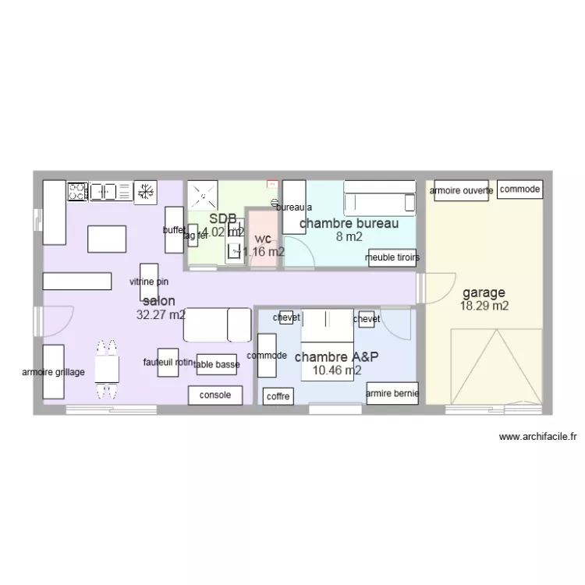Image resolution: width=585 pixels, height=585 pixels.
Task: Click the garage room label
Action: tap(484, 293)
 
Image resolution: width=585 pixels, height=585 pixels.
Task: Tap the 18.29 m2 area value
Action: tap(484, 307)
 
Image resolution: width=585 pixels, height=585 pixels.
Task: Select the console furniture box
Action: tap(215, 395)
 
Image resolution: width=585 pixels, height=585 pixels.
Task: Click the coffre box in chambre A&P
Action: tap(278, 396)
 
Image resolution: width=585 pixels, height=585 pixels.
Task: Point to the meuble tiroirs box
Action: tap(392, 257)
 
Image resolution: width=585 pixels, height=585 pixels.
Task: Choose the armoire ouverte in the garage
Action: tap(460, 190)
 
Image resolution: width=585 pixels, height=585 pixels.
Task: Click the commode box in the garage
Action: tap(519, 189)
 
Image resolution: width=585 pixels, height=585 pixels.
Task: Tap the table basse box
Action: tap(217, 363)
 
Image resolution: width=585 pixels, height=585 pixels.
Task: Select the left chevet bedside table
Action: tap(286, 318)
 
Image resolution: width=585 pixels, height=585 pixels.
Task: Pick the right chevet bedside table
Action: tap(366, 319)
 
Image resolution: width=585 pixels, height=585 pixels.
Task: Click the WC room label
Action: tap(263, 238)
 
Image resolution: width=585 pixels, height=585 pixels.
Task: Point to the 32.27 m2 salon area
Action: tap(161, 315)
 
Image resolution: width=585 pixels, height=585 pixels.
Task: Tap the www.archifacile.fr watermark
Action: tap(537, 438)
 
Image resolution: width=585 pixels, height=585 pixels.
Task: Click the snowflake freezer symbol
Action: tap(144, 191)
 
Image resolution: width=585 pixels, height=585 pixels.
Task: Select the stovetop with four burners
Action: tap(77, 191)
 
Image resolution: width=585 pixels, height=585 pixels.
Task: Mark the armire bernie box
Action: tap(392, 394)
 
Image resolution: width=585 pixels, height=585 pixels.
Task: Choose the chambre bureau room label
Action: tap(349, 224)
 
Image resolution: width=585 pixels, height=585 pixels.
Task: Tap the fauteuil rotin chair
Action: tap(168, 362)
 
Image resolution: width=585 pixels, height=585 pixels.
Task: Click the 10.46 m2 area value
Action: tap(337, 370)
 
